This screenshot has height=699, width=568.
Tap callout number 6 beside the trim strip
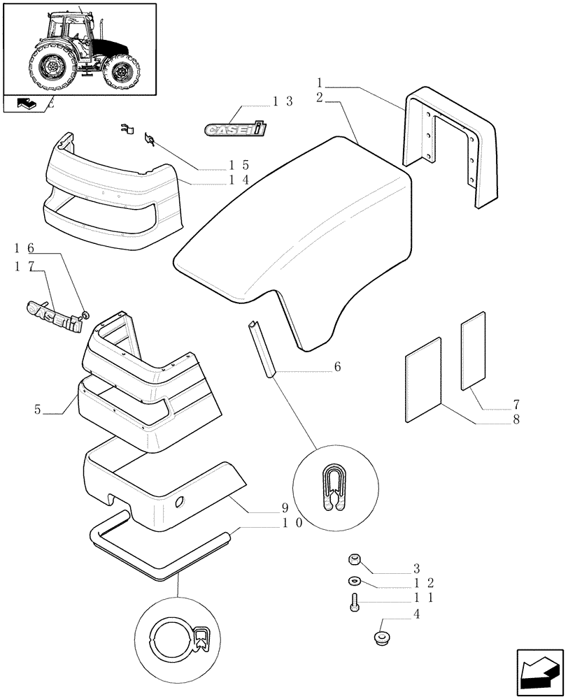(x=337, y=366)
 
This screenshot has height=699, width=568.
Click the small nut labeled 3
(x=354, y=559)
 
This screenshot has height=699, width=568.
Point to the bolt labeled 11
(x=354, y=600)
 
